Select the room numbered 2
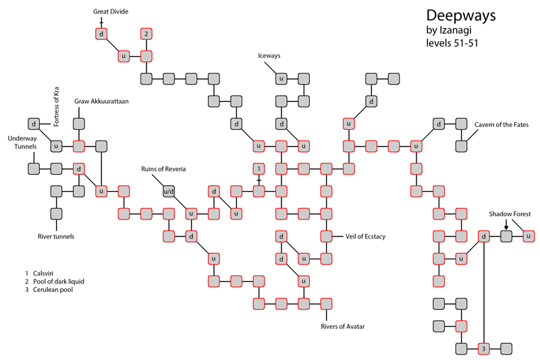click(146, 34)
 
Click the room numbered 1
click(259, 169)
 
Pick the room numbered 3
click(483, 349)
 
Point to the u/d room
click(169, 191)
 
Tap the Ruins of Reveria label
click(163, 169)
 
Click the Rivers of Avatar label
click(343, 327)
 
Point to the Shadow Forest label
click(510, 214)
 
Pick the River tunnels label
click(55, 236)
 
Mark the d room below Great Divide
click(101, 34)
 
